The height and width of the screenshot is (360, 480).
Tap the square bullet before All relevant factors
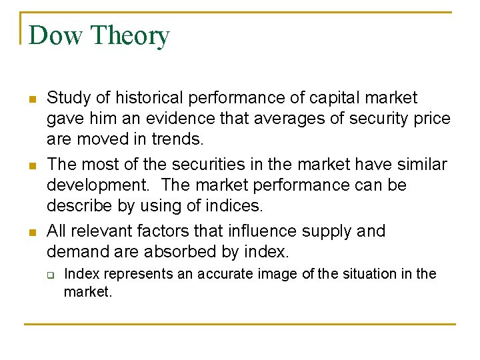point(30,233)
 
